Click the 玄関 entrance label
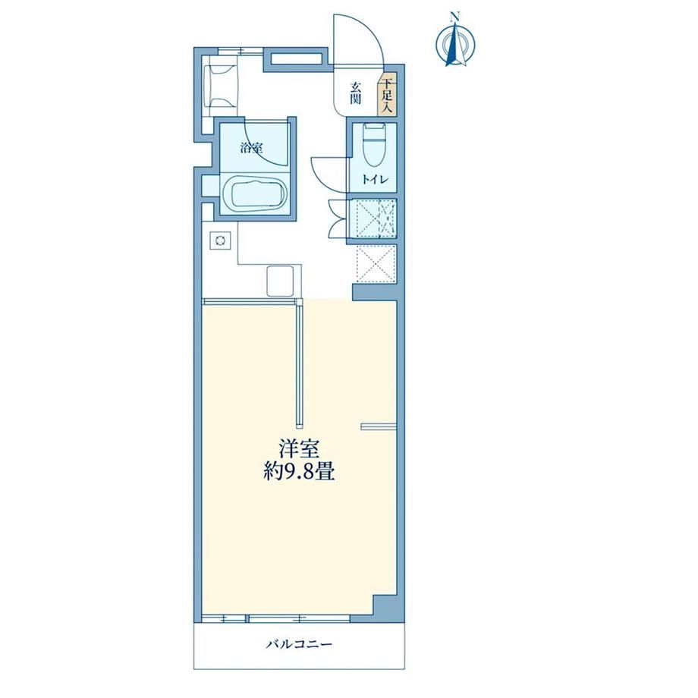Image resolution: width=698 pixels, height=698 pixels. [x=355, y=93]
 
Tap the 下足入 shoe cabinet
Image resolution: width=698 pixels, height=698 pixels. [x=387, y=94]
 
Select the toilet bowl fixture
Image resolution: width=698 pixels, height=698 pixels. [x=373, y=144]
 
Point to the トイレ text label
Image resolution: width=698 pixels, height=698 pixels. [x=376, y=180]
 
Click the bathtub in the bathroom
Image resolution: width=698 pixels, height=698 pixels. [x=253, y=193]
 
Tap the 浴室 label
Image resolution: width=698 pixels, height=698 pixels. [x=252, y=147]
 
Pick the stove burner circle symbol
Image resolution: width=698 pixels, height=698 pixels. [x=220, y=241]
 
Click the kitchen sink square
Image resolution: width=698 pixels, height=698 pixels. [x=280, y=281]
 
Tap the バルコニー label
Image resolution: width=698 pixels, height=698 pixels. [x=299, y=644]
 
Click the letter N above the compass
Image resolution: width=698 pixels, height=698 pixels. [x=454, y=17]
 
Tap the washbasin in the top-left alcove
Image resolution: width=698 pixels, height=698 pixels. [x=220, y=86]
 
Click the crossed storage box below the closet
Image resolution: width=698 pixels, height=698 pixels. [x=376, y=263]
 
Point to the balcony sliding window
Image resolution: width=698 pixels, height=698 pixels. [x=276, y=618]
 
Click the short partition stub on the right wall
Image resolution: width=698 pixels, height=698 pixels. [x=379, y=426]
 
